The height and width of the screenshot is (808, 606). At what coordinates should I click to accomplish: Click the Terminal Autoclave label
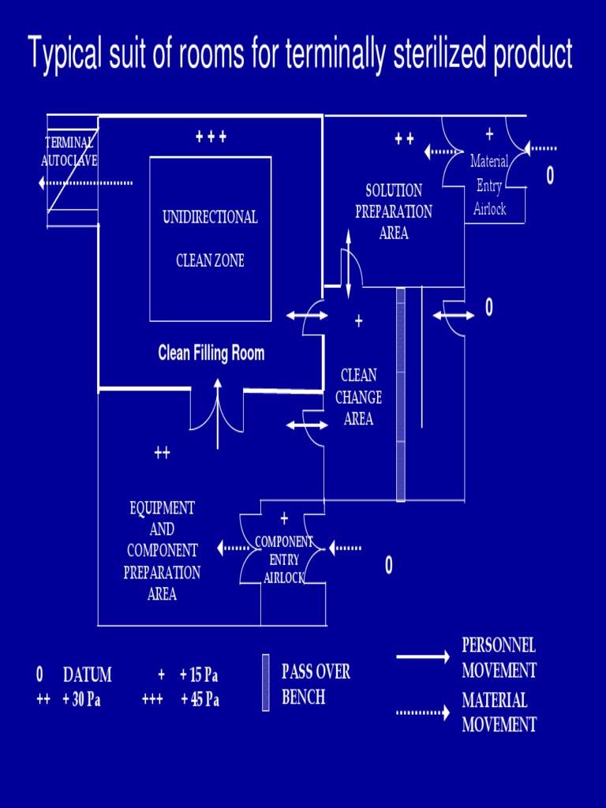[x=69, y=151]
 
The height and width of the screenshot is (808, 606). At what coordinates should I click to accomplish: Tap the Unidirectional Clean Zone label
[x=210, y=238]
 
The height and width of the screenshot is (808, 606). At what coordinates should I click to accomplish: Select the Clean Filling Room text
[x=211, y=353]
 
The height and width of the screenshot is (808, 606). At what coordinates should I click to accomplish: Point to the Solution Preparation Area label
[x=394, y=211]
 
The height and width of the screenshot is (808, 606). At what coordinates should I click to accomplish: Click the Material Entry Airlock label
[x=489, y=185]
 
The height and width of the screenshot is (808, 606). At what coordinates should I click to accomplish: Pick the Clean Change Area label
[x=358, y=397]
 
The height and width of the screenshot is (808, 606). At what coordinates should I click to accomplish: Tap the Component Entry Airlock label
[x=284, y=559]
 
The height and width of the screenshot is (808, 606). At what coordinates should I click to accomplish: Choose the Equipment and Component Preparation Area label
[x=162, y=551]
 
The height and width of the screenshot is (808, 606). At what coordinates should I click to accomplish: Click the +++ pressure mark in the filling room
[x=211, y=137]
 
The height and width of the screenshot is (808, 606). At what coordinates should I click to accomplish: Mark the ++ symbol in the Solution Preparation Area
[x=404, y=140]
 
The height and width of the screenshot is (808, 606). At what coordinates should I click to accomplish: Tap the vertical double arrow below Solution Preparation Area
[x=348, y=265]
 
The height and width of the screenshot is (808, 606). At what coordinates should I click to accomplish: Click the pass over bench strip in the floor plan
[x=401, y=395]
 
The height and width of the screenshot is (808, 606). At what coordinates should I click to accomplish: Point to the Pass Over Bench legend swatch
[x=266, y=683]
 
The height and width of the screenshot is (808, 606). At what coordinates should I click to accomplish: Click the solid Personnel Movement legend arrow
[x=422, y=657]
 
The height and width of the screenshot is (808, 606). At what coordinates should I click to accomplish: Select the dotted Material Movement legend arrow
[x=422, y=712]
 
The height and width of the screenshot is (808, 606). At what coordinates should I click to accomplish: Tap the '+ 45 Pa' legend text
[x=200, y=700]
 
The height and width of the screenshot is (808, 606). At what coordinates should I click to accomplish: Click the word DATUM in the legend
[x=87, y=675]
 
